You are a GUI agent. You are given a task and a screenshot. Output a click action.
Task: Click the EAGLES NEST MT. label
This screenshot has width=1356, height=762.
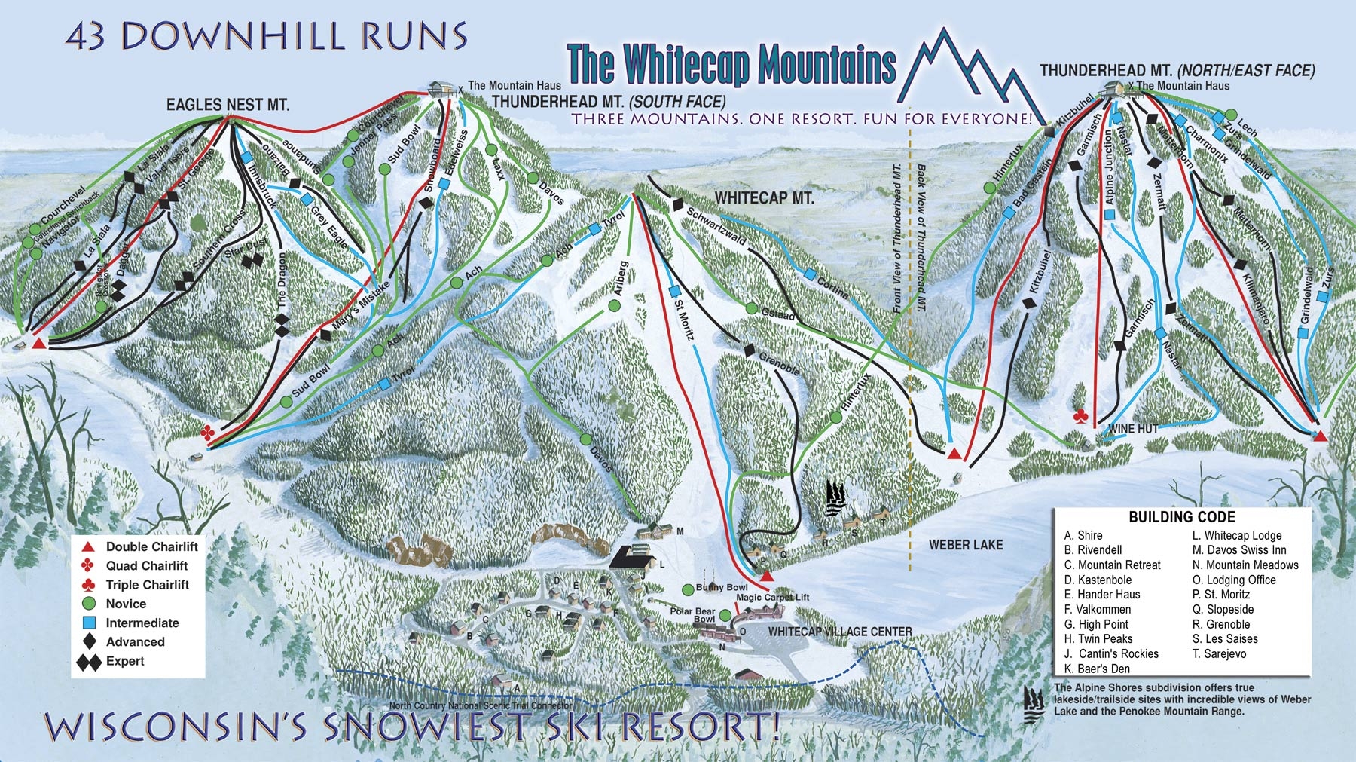228,105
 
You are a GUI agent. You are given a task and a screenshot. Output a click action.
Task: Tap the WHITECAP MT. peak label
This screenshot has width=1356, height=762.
764,198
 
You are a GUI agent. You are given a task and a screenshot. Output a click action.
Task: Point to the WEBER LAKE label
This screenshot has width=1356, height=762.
965,544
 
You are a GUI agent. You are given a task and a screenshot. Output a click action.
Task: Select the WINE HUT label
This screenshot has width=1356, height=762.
1133,428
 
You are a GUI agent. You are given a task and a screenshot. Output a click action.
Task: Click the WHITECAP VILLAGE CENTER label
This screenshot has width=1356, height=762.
840,632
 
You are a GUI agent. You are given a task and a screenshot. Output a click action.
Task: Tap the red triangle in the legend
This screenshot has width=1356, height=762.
88,546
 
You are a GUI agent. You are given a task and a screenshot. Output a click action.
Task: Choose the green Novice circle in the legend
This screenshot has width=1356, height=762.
89,604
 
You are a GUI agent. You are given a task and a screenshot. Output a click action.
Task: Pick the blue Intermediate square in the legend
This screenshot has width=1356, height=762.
89,623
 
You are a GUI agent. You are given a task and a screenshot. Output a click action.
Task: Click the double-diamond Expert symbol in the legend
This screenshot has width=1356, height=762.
89,662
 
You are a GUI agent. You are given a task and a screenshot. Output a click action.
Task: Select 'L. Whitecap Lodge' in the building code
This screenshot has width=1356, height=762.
1236,535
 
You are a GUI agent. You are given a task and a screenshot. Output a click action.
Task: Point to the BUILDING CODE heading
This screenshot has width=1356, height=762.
1182,517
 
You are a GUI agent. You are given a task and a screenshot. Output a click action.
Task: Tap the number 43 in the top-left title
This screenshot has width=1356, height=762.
85,36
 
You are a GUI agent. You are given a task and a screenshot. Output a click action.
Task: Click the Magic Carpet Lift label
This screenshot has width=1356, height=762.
772,597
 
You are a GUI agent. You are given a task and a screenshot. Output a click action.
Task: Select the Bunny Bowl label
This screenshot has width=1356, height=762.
722,587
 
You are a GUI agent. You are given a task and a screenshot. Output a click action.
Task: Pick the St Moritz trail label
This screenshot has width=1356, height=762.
683,320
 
